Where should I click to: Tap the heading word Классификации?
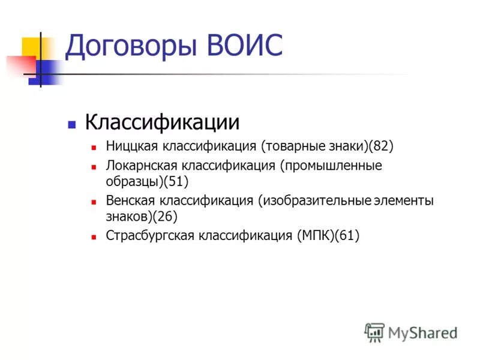tap(162, 122)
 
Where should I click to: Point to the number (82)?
tap(380, 146)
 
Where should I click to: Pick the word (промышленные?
tap(331, 166)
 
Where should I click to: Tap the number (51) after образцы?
tap(178, 180)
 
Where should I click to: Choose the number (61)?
tap(347, 235)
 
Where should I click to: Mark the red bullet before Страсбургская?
tap(94, 237)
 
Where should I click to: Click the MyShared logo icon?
tap(374, 332)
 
